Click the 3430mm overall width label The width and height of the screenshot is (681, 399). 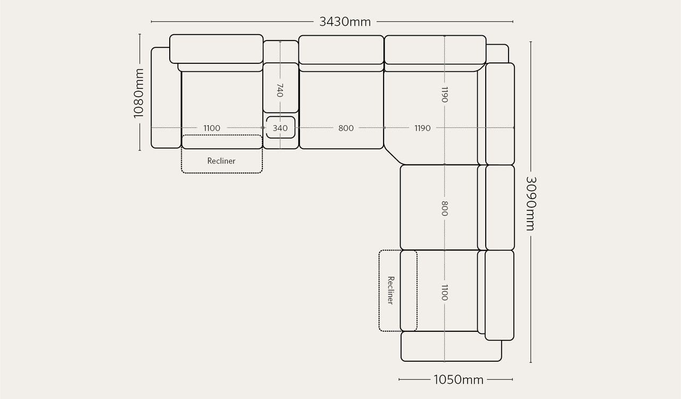pos(345,22)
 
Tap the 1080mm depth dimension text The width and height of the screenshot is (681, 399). pos(139,93)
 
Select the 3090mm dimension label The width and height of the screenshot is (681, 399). pos(531,203)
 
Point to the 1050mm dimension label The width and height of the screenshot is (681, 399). pos(459,380)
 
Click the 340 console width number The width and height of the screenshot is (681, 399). pos(280,128)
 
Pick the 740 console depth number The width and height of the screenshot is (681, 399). pos(280,91)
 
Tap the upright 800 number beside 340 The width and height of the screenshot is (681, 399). pos(346,128)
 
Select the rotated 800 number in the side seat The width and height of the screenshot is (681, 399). pos(444,208)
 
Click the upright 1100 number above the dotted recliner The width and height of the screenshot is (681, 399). pos(212,128)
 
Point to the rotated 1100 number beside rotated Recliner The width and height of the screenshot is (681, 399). pos(444,292)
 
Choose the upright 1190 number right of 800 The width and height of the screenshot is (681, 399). pos(422,128)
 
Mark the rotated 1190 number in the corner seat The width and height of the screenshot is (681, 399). pos(444,94)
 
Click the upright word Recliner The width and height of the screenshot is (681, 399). pos(221,161)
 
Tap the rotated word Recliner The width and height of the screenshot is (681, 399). pos(391,290)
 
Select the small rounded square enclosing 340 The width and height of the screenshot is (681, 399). pos(280,127)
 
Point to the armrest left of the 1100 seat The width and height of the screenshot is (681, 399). pos(165,97)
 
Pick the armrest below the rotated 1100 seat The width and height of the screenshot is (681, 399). pos(451,346)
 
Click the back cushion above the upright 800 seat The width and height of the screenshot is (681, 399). pos(341,50)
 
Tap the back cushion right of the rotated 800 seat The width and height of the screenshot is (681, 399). pos(500,208)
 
